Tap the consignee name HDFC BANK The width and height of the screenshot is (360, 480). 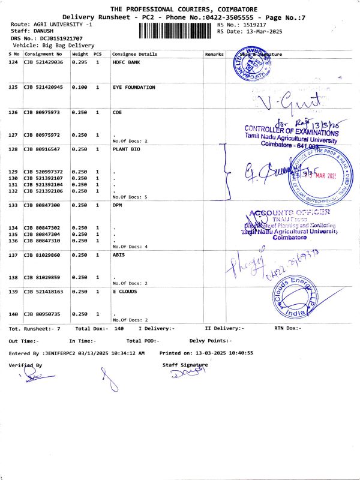[126, 62]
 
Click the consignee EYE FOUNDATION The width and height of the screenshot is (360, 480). [134, 87]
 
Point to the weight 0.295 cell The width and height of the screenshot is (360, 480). [79, 62]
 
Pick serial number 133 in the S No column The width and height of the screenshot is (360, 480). [13, 205]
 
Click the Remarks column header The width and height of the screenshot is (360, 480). [214, 54]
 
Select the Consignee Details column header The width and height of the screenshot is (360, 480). [135, 54]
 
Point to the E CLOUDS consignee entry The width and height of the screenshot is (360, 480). [125, 291]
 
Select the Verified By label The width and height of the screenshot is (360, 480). [25, 365]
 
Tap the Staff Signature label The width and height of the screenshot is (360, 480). [185, 364]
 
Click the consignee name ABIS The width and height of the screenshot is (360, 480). [119, 255]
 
